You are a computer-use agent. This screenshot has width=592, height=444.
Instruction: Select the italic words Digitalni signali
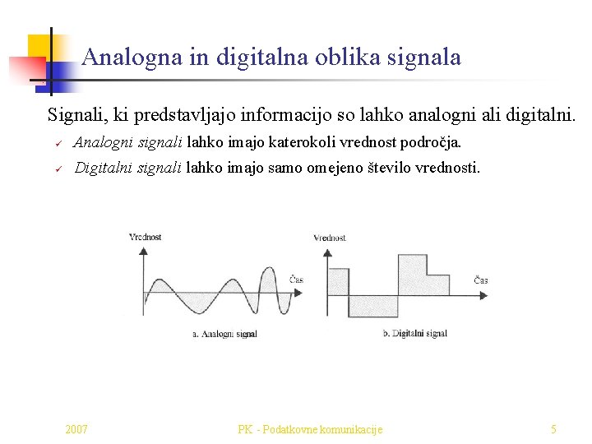128,169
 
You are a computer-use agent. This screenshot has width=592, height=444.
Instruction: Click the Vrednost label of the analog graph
146,238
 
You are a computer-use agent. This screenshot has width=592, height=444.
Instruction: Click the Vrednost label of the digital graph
330,238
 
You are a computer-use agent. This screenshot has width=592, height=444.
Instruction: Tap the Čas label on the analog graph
296,280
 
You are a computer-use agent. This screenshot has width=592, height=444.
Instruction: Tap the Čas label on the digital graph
481,280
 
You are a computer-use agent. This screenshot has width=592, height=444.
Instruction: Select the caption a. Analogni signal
224,334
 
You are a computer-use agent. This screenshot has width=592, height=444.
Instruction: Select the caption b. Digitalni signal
415,334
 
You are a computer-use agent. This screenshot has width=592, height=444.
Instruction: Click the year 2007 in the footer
76,429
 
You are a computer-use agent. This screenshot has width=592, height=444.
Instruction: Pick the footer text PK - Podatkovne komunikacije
310,429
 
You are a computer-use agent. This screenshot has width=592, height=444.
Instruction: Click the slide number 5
553,429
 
